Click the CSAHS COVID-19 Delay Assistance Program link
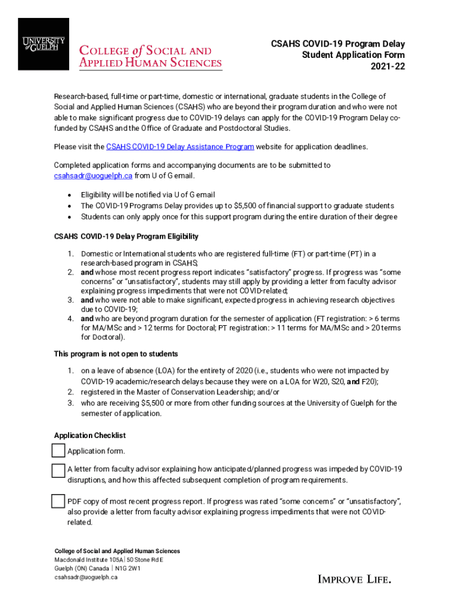click(180, 147)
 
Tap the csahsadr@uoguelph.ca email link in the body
click(93, 175)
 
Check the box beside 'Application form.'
click(59, 450)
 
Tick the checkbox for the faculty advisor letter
click(58, 470)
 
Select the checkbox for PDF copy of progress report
click(58, 501)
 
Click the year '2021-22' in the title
click(387, 66)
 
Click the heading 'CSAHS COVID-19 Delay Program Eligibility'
click(126, 237)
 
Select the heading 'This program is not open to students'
click(116, 354)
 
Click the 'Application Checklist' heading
click(90, 436)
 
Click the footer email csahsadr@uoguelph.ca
click(86, 577)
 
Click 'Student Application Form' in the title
click(353, 55)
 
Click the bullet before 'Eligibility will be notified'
click(70, 195)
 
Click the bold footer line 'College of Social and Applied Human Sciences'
click(117, 551)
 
